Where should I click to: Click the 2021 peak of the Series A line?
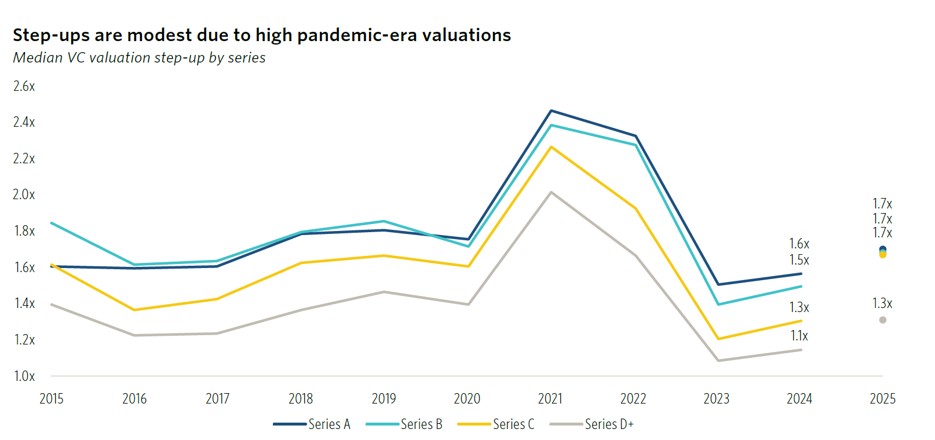[x=551, y=111]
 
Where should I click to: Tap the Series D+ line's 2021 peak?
[x=551, y=192]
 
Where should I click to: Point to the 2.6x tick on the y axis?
[x=24, y=86]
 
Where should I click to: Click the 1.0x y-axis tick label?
[x=24, y=376]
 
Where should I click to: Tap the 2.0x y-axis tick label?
[x=24, y=195]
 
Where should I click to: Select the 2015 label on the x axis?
[x=52, y=399]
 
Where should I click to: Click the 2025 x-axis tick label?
[x=882, y=399]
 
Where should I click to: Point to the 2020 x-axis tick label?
[x=467, y=399]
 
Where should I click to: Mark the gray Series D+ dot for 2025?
[x=882, y=320]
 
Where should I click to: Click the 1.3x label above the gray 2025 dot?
[x=882, y=303]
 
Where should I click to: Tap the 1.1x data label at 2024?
[x=799, y=336]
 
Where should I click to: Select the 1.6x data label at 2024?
[x=799, y=244]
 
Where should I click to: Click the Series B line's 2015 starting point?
[x=52, y=223]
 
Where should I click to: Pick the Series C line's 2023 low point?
[x=718, y=339]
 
